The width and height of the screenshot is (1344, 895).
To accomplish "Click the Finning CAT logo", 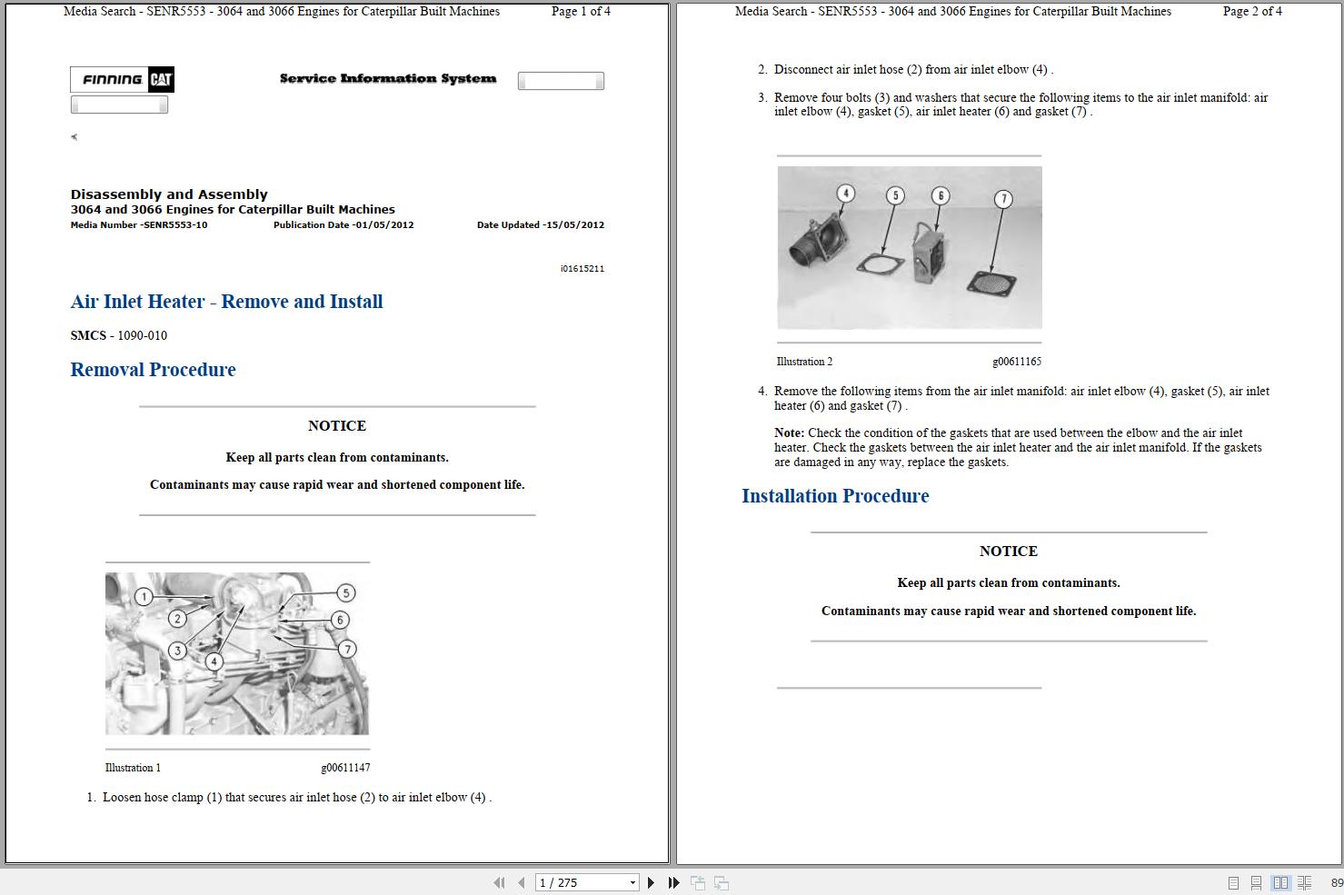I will coord(122,80).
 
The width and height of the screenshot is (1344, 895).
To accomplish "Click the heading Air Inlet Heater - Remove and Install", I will coord(226,302).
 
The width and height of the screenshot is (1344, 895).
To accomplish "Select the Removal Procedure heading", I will coord(153,370).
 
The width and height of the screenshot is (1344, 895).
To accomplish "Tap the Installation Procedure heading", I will coord(834,496).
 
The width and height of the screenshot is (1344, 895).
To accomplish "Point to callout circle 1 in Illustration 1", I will coord(144,597).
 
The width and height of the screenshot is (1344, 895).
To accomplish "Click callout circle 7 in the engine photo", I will coord(347,649).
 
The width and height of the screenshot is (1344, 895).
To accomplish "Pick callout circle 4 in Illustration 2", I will coord(846,194).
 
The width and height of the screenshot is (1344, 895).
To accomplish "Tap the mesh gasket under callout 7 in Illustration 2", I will coord(991,282).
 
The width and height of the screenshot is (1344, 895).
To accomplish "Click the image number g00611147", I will coord(344,768).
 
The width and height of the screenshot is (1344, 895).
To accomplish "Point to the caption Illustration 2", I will coord(804,362).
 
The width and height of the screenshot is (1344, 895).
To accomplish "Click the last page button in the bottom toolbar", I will coord(673,882).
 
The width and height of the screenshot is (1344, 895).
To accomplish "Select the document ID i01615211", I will coord(582,269).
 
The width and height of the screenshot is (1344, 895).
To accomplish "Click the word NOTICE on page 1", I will coord(336,425).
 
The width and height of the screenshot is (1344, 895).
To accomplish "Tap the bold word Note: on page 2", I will coord(789,433).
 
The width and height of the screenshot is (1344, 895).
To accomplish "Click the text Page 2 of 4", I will coord(1251,12).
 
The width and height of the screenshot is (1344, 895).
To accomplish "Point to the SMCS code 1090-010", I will coord(142,335).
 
